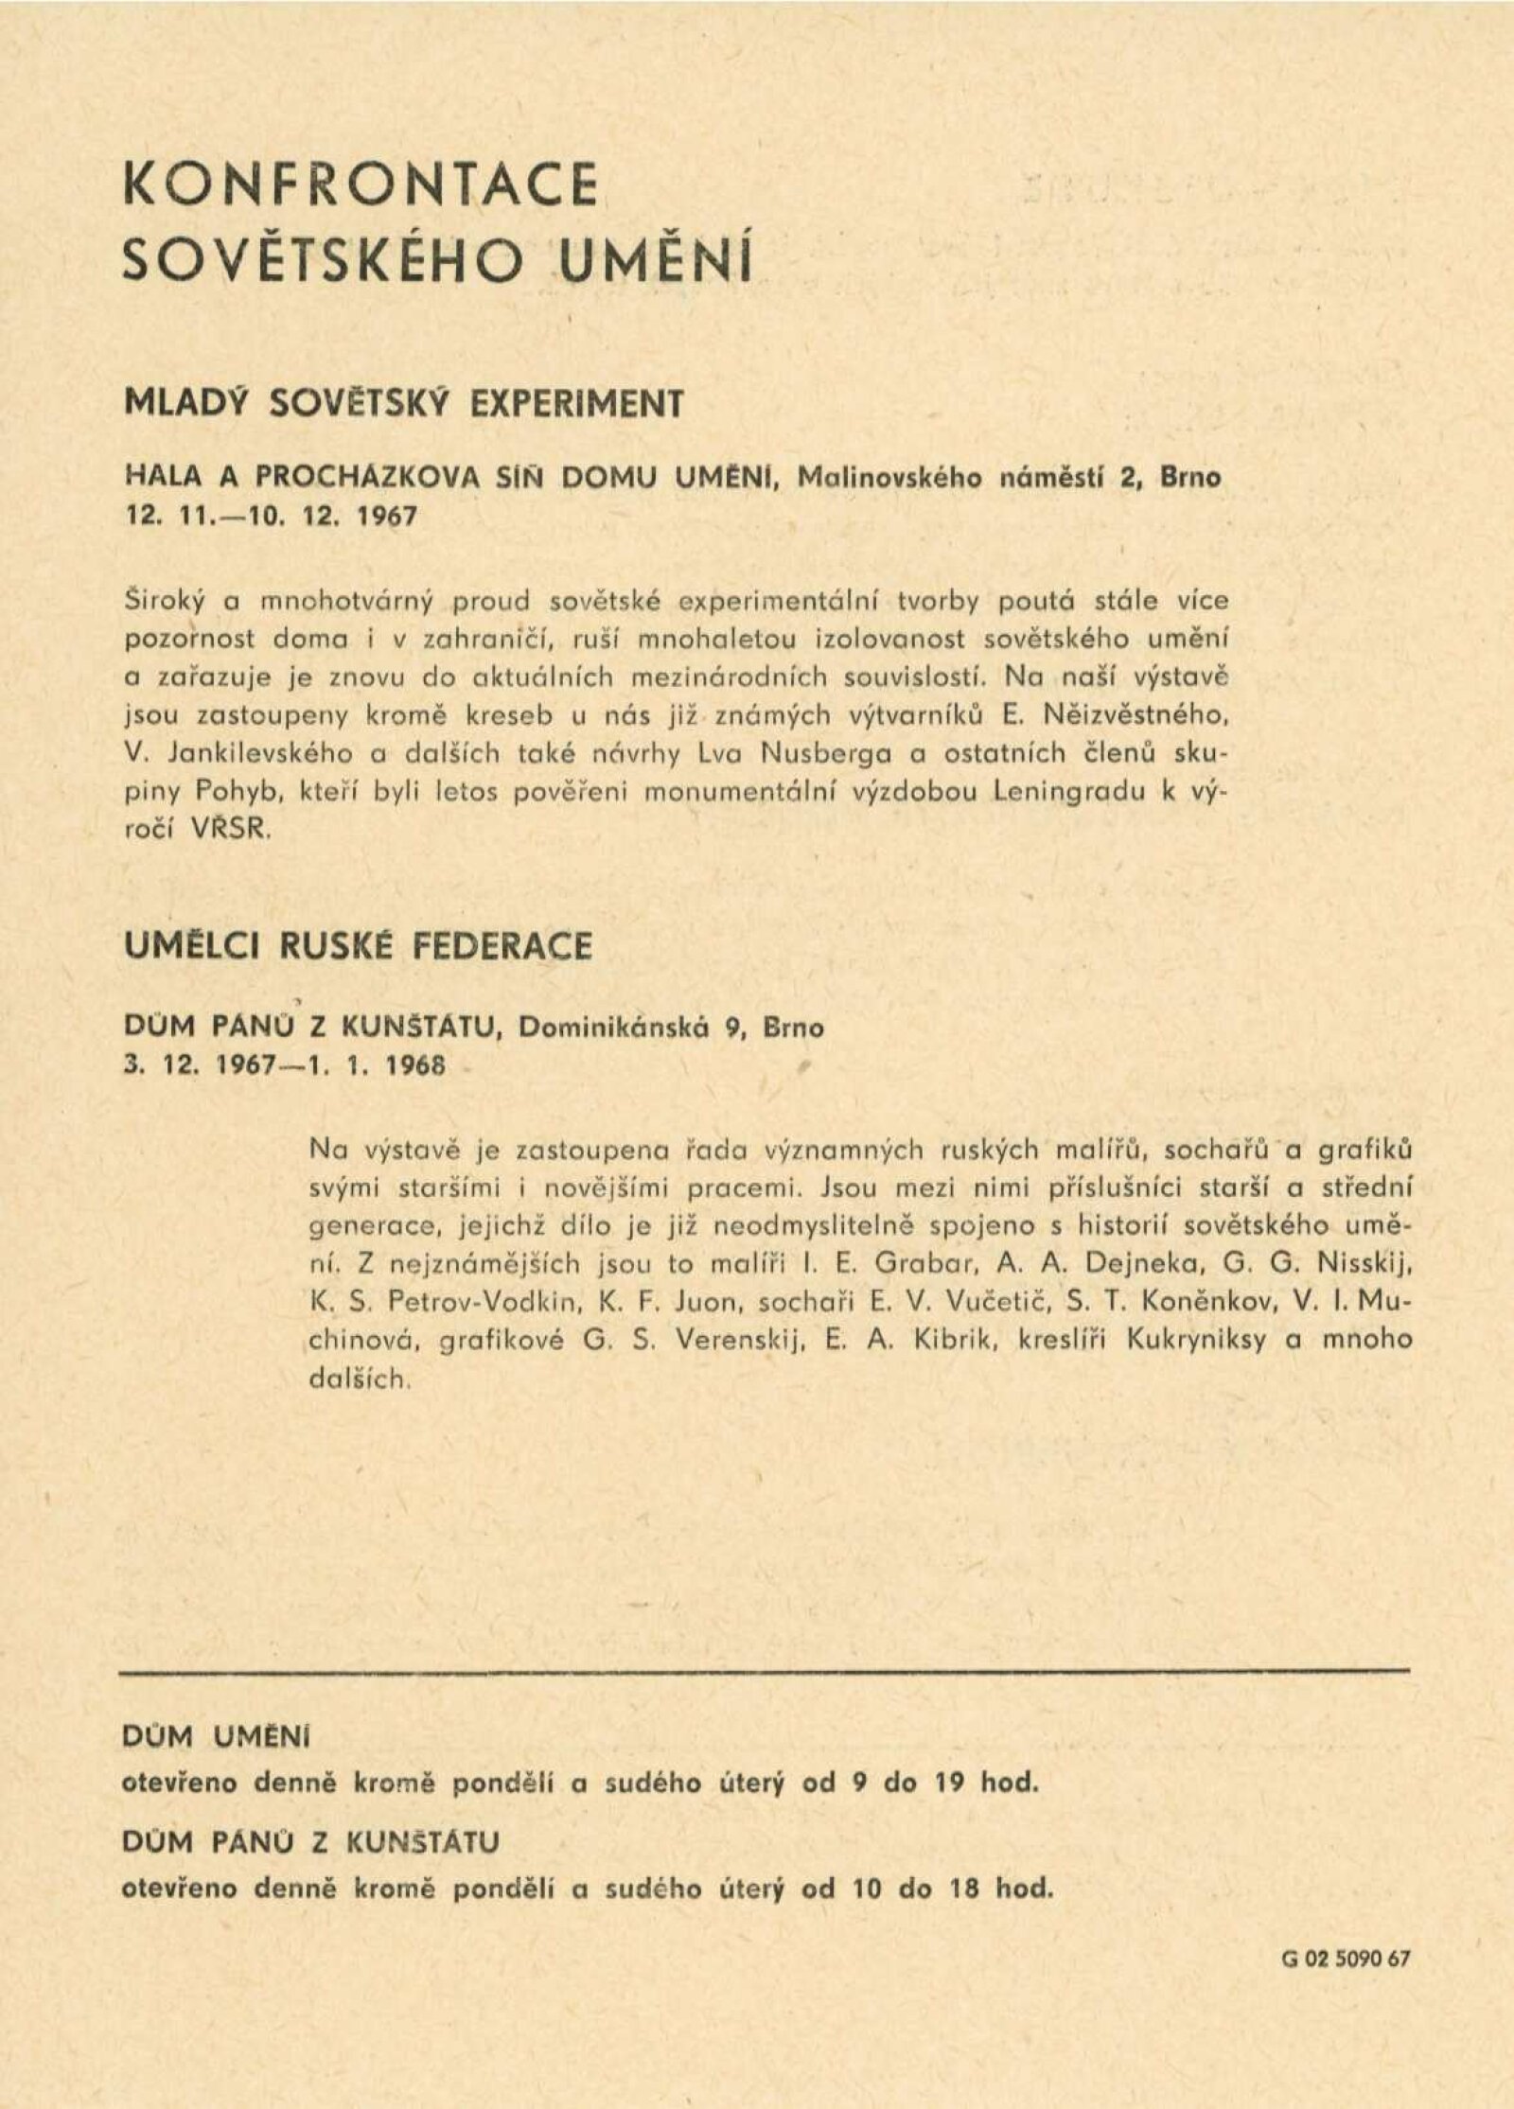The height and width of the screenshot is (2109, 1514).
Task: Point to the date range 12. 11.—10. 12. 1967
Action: [x=271, y=520]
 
